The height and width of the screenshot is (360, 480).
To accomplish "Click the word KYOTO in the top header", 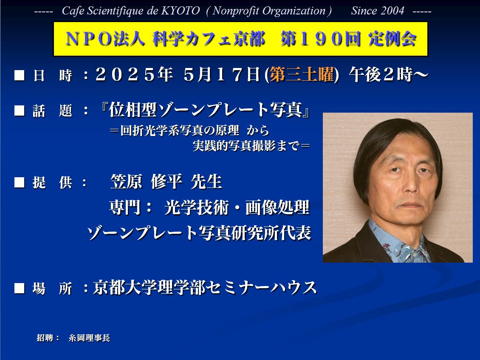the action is click(180, 11).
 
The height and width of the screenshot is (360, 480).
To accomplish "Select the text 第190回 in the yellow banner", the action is click(320, 39).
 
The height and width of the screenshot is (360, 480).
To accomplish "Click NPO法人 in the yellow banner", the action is click(104, 39).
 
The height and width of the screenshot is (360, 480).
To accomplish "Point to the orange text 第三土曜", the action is click(302, 75).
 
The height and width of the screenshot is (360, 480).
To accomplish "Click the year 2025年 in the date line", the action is click(134, 75).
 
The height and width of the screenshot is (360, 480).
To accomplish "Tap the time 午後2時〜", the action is click(389, 75).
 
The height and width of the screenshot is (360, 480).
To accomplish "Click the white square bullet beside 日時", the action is click(19, 75).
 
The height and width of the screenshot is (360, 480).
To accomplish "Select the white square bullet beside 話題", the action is click(19, 111).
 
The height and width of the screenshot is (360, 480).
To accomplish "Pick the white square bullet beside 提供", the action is click(19, 183).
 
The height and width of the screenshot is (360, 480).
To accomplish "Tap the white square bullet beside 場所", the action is click(19, 288).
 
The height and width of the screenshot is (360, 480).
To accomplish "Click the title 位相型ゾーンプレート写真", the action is click(206, 110).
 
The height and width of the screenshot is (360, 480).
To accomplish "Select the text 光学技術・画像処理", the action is click(237, 207).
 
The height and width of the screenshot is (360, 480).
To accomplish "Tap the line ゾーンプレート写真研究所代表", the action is click(199, 233).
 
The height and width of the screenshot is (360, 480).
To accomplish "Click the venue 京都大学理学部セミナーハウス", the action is click(205, 288).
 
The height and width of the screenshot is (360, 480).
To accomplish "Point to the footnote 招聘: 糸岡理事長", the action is click(73, 338).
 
